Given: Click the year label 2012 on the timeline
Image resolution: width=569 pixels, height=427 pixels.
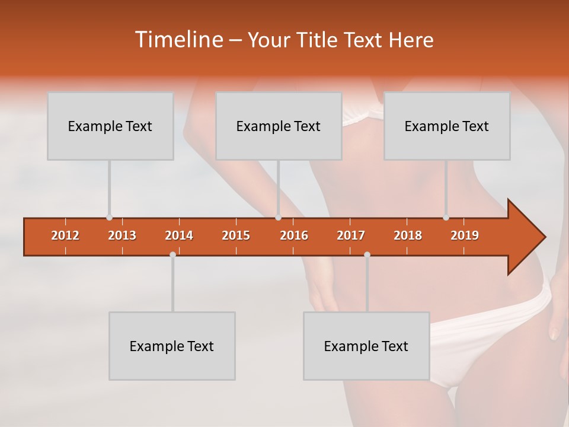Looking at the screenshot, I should pos(65,235).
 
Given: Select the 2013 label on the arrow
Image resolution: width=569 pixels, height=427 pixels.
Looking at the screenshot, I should pos(122,235).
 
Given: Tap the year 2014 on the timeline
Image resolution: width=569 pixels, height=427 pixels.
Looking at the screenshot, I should pos(179,235).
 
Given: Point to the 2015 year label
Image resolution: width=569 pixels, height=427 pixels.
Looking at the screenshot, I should pos(236,235).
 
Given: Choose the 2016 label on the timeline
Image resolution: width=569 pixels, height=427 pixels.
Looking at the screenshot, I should pos(294,235).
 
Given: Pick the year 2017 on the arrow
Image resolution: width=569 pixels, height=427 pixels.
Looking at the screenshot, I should pos(351,235).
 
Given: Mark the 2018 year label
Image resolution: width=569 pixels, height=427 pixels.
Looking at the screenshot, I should pos(408,235).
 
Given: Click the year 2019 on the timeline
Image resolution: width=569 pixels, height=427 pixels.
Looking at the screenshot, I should pos(465,235).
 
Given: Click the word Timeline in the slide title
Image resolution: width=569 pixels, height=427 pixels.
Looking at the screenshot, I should pos(177,40).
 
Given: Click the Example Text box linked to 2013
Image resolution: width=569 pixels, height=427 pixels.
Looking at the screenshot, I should pos(110,126).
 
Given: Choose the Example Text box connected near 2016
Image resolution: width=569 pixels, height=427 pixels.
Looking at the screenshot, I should pos(279,126).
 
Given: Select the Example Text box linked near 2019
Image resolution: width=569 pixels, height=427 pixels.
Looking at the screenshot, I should pos(447,126).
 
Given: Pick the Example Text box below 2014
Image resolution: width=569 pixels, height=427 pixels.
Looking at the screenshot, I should pos(172,346).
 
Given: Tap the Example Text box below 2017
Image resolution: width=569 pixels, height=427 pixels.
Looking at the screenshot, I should pos(366,346).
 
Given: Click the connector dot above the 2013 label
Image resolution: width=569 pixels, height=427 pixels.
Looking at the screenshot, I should pos(110,218).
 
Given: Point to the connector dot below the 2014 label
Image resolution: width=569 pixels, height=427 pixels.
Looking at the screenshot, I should pos(172,254).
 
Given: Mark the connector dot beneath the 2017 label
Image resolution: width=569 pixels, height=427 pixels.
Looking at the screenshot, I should pos(367,254).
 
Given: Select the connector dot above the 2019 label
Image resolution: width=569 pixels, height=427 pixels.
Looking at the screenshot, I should pos(446,218).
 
